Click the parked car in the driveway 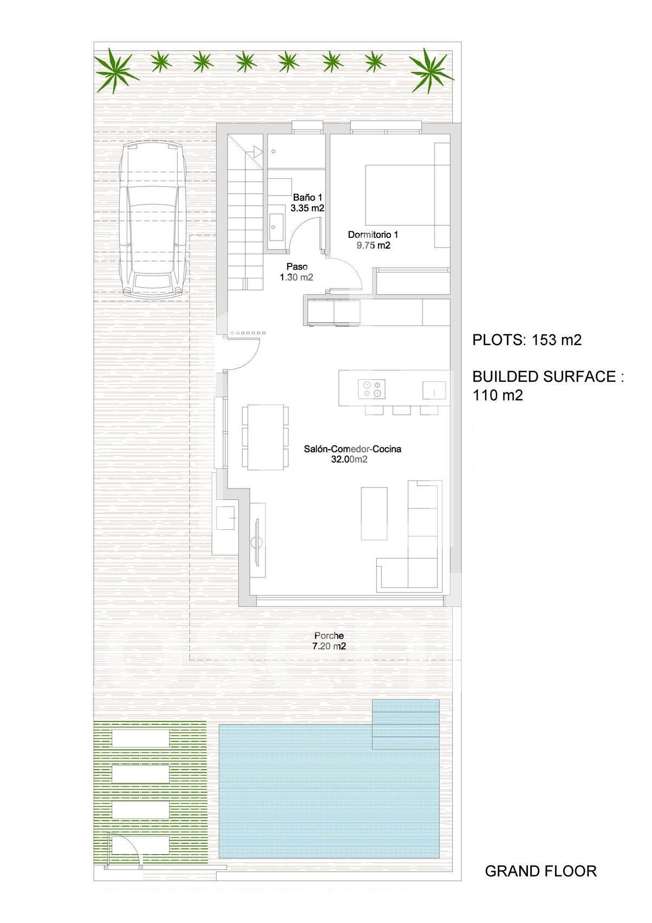click(154, 219)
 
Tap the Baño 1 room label click(307, 203)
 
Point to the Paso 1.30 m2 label click(297, 272)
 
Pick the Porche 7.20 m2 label click(329, 641)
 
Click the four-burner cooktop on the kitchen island click(372, 389)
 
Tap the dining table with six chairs click(265, 437)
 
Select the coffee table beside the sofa click(374, 513)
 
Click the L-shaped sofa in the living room click(422, 556)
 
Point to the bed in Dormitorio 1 click(407, 195)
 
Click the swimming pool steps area click(406, 724)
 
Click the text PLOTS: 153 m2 click(527, 340)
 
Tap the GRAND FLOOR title click(541, 871)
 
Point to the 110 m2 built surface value click(498, 395)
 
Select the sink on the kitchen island click(434, 390)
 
